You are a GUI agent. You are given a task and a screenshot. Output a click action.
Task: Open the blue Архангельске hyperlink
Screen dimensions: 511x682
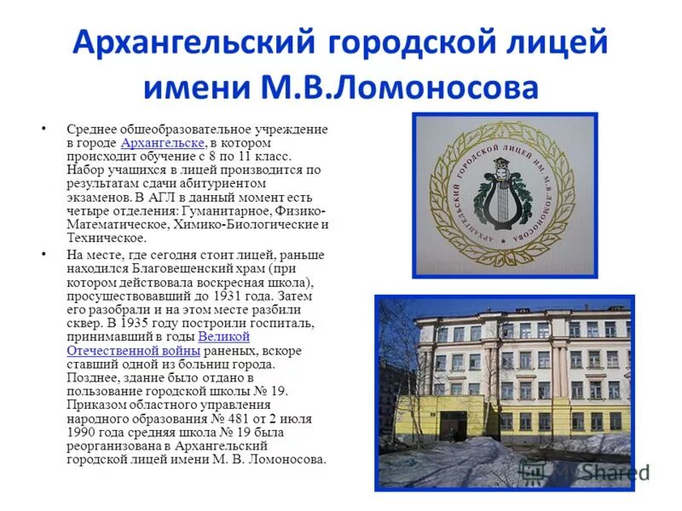click(162, 142)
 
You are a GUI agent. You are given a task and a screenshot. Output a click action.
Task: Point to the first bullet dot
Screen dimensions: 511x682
click(43, 129)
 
